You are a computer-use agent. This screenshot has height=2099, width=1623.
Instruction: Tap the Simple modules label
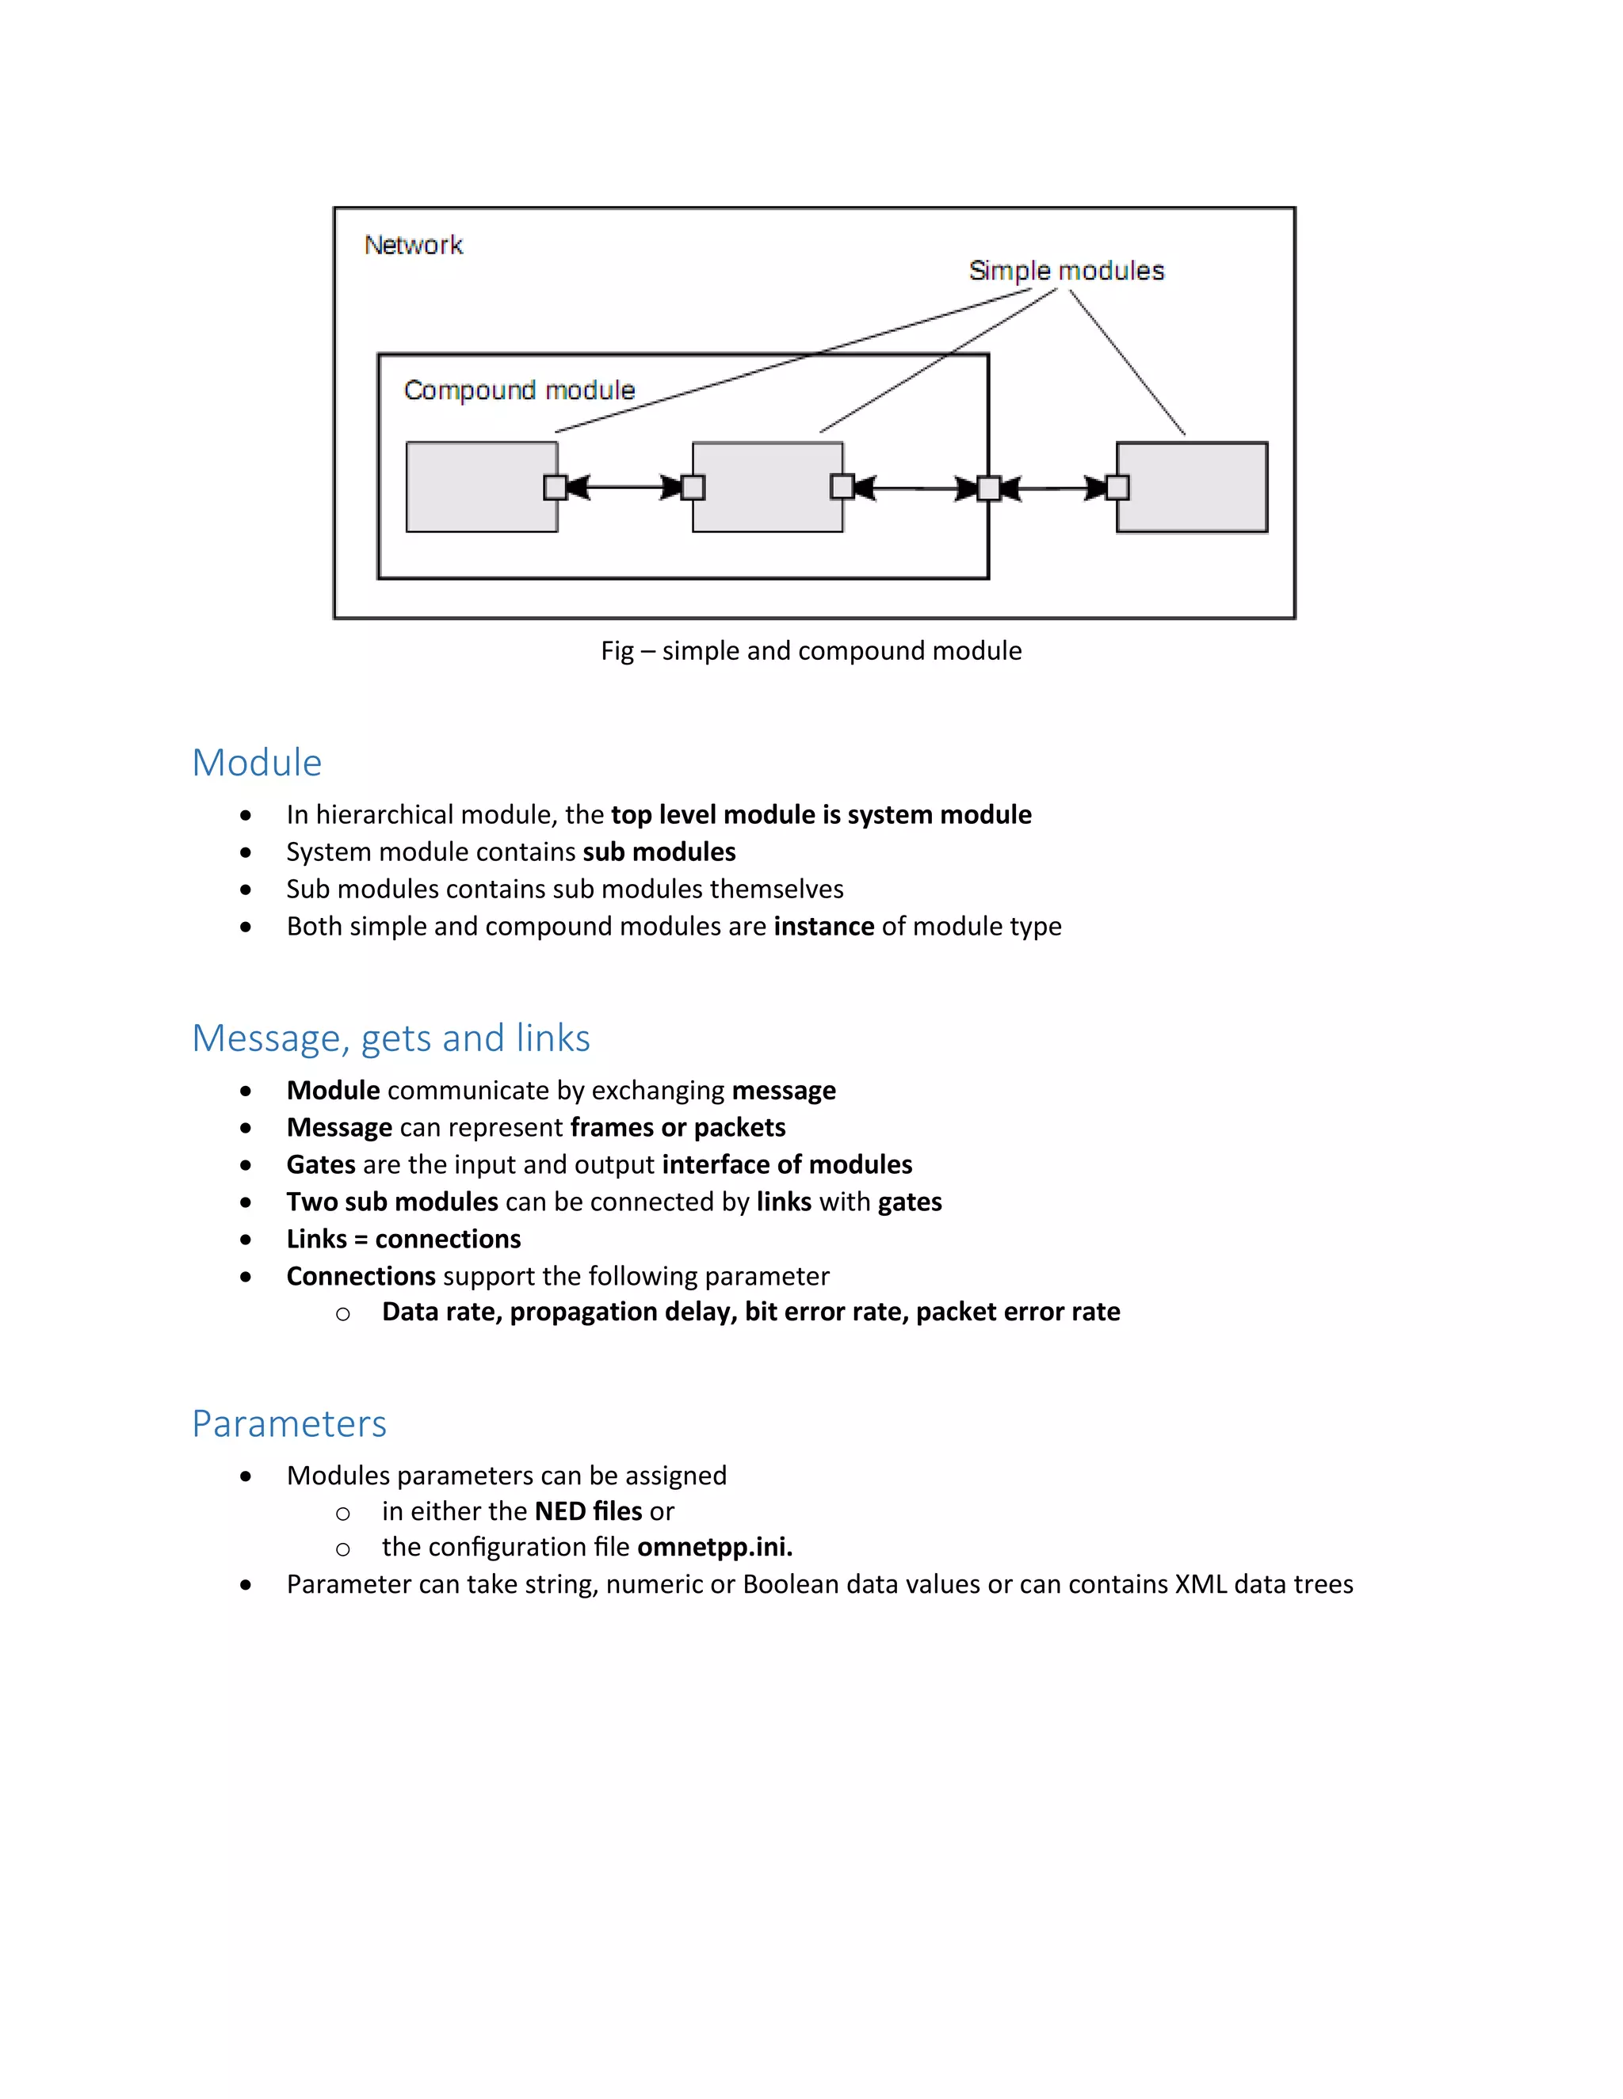(1067, 271)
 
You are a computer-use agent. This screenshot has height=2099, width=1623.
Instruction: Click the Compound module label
(519, 390)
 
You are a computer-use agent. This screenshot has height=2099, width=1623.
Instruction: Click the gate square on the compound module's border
(988, 488)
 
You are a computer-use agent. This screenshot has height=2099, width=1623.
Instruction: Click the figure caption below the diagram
(811, 650)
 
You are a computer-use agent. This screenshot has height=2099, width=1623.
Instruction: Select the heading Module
(257, 762)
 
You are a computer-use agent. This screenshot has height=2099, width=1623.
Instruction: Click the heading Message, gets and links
(391, 1038)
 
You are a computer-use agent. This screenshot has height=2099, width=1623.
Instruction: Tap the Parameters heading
(288, 1423)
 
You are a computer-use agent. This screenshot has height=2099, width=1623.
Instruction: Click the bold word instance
(824, 927)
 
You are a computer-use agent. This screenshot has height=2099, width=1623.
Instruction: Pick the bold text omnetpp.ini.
(714, 1548)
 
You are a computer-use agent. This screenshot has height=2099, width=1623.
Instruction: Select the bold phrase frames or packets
(678, 1127)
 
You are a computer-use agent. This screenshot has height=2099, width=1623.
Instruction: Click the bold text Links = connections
(404, 1239)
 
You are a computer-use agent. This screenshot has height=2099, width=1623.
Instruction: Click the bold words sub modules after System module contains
(659, 852)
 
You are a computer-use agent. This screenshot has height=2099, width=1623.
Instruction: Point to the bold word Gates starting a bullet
(321, 1165)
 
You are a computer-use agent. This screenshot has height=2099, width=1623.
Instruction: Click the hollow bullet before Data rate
(343, 1314)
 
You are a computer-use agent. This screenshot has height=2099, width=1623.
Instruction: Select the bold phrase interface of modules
(786, 1165)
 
